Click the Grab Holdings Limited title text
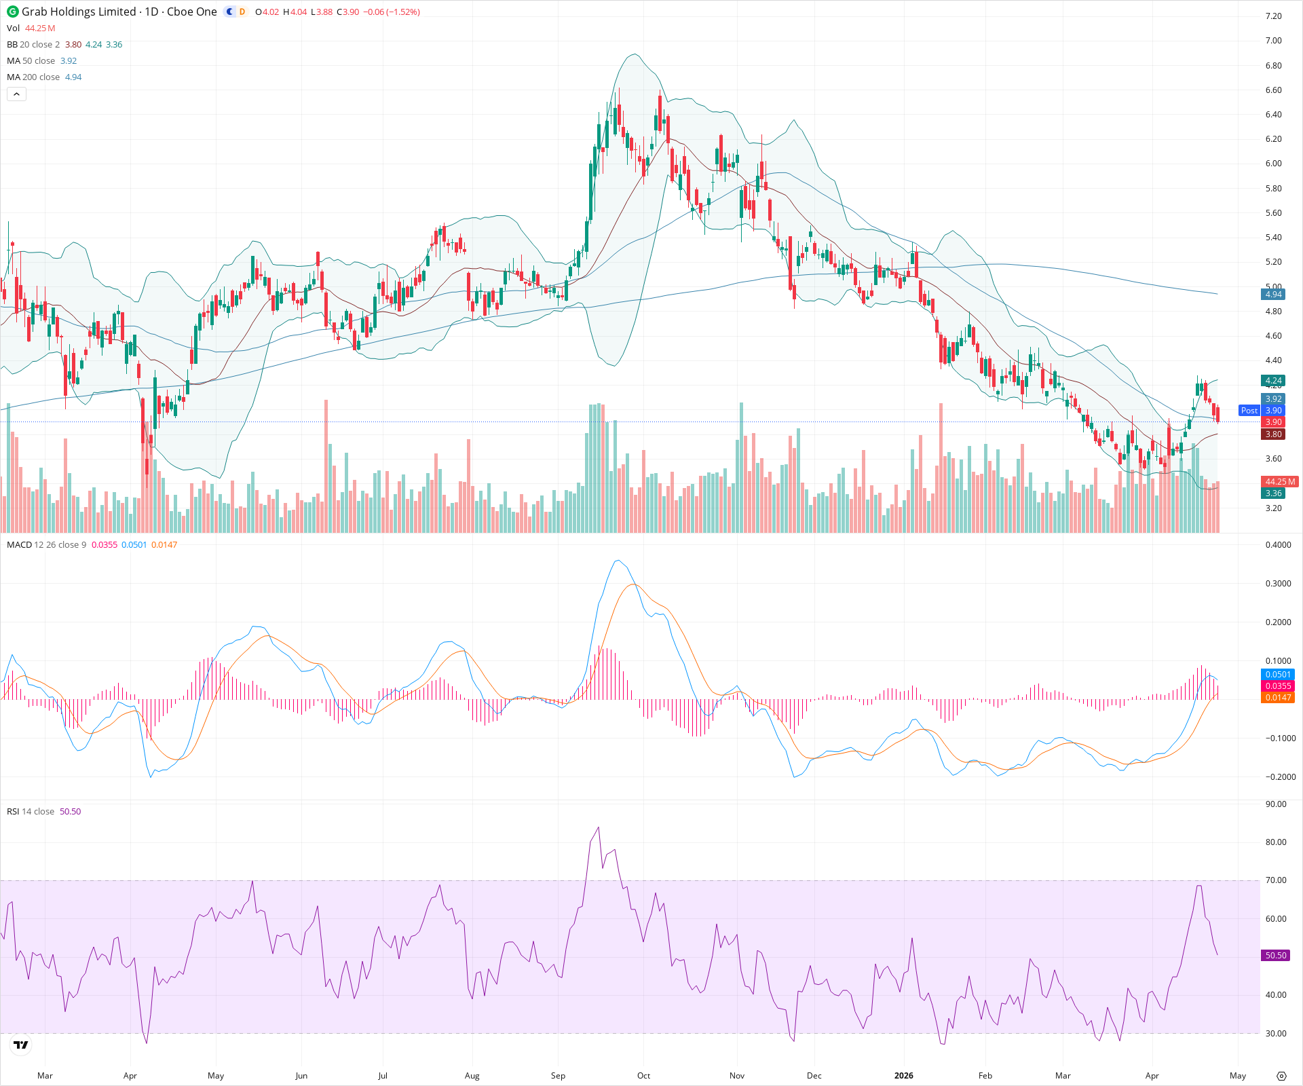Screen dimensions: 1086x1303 point(78,12)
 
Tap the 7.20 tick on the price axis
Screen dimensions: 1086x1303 point(1273,16)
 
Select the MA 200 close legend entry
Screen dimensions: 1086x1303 point(33,77)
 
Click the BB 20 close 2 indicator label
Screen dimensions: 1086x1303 point(33,45)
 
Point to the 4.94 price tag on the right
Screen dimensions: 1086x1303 point(1273,295)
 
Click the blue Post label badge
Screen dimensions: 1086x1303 point(1249,411)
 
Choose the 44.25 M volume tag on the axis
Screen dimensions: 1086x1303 point(1279,482)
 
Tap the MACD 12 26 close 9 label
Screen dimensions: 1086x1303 point(46,545)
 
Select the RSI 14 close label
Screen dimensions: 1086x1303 point(31,812)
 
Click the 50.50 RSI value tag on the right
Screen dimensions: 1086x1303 point(1275,956)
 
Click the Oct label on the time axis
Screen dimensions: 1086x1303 point(643,1076)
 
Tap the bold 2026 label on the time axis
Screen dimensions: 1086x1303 point(903,1076)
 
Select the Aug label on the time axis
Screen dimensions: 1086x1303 point(472,1076)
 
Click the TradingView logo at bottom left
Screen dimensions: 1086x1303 point(21,1045)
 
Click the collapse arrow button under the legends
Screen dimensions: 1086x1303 point(16,94)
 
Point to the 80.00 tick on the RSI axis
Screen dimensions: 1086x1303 point(1276,842)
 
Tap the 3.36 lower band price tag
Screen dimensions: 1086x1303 point(1273,493)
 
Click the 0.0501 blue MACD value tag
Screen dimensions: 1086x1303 point(1278,675)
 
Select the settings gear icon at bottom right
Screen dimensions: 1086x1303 point(1281,1076)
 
